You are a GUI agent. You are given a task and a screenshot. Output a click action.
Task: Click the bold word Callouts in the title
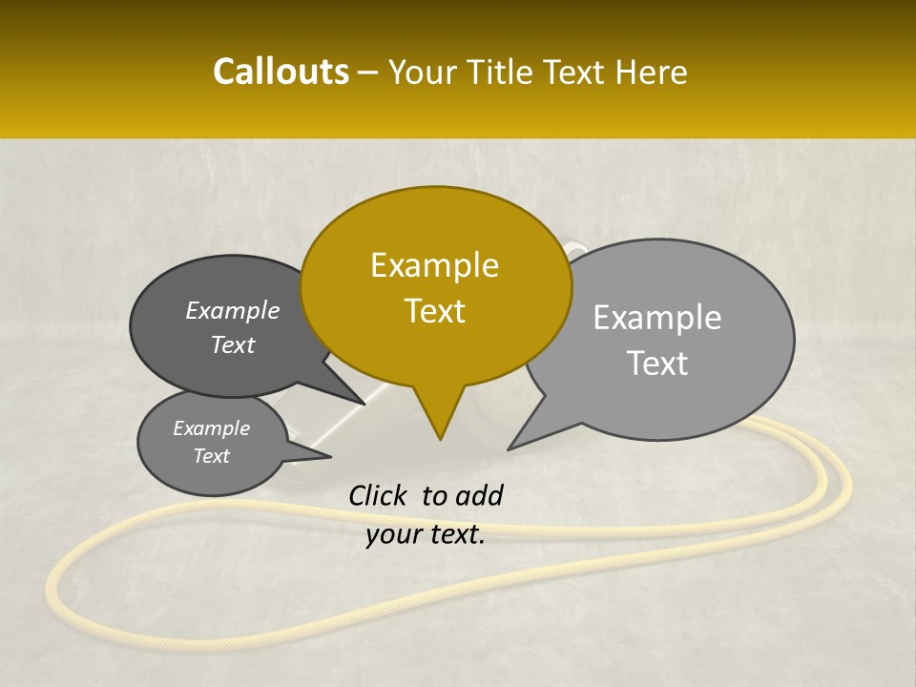click(x=281, y=72)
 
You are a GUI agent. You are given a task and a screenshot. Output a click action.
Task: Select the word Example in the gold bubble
click(x=434, y=265)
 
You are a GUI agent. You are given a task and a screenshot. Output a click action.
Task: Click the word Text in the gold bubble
click(x=434, y=311)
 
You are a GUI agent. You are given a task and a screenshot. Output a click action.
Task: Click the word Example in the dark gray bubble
click(x=233, y=310)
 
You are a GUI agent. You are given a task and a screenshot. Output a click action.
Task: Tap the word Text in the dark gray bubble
click(x=233, y=344)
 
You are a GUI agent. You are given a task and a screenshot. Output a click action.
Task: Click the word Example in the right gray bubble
click(x=657, y=318)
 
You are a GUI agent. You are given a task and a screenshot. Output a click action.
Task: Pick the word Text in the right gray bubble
click(x=657, y=364)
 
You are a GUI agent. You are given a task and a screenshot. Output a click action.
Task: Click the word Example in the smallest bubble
click(x=211, y=428)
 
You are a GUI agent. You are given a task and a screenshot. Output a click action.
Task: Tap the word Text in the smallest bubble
click(x=211, y=456)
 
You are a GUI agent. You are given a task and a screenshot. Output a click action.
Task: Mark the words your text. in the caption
click(x=426, y=534)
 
